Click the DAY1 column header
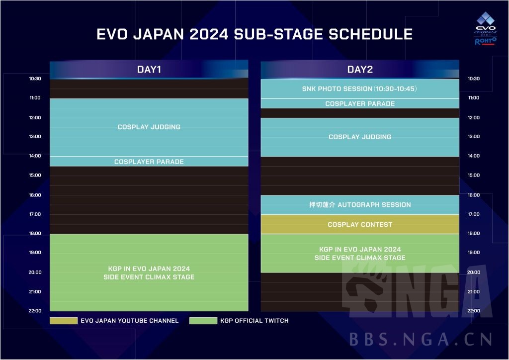coord(149,70)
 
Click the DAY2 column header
coord(360,70)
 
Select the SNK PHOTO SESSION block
coord(359,89)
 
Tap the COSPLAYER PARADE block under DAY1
coord(149,162)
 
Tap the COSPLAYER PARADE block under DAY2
coord(360,104)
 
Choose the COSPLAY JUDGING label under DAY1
coord(149,127)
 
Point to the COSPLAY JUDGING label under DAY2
coord(360,137)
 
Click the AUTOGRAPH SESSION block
coord(360,205)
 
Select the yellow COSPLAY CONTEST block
coord(360,225)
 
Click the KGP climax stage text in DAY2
coord(360,254)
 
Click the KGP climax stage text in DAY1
coord(149,272)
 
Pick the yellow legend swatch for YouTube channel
coord(64,321)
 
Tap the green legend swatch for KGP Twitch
coord(203,321)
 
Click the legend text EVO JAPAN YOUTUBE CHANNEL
coord(129,321)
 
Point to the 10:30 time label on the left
coord(35,79)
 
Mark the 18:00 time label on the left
coord(35,233)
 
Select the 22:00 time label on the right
coord(474,311)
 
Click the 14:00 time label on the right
coord(474,156)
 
